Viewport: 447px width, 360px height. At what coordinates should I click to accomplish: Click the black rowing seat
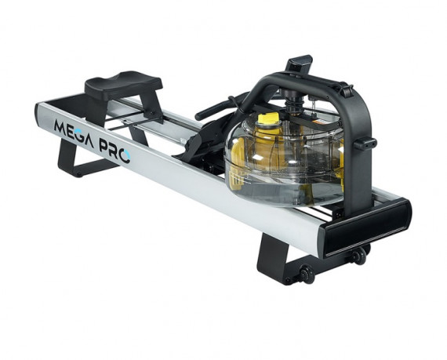[123, 83]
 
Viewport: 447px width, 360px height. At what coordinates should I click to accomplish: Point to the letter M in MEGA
[60, 129]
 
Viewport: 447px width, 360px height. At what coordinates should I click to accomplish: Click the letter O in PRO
[125, 157]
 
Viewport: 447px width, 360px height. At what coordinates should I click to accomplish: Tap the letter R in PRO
[114, 151]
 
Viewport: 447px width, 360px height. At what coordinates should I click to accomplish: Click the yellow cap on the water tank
[268, 119]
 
